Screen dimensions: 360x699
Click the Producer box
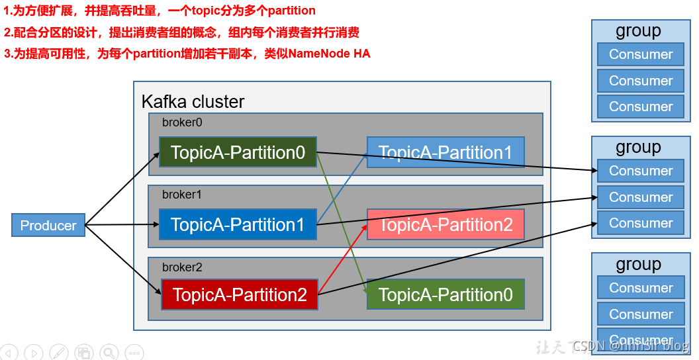click(48, 226)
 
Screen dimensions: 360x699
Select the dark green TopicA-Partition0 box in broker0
click(238, 153)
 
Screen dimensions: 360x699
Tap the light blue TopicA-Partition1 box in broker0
click(445, 153)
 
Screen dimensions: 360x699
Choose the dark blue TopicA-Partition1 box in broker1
click(238, 225)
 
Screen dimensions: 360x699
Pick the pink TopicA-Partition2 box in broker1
click(445, 225)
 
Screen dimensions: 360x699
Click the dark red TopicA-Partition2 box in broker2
click(239, 295)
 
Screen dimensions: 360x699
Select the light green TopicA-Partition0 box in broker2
click(445, 295)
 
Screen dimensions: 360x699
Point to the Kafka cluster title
click(193, 102)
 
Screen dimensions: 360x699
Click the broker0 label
click(182, 122)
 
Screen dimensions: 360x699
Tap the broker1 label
click(182, 195)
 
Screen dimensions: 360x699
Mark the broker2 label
click(182, 267)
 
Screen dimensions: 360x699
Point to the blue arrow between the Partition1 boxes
click(342, 189)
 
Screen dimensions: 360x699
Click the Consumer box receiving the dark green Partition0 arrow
click(640, 171)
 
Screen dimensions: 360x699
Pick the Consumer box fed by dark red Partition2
click(640, 223)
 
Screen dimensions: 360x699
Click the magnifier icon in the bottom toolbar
click(109, 353)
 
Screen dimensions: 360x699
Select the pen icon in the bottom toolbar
click(59, 353)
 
